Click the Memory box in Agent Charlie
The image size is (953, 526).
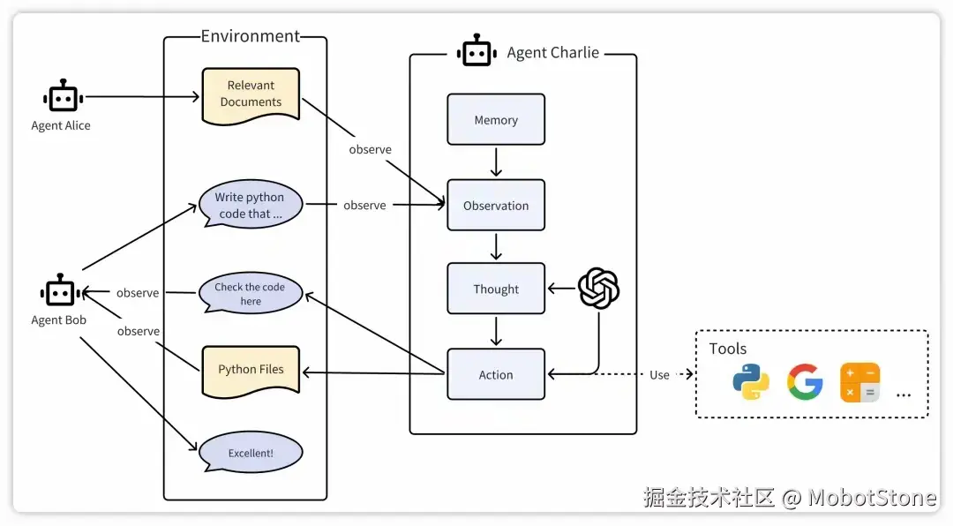point(496,120)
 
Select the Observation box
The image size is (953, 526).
point(496,206)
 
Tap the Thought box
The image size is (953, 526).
point(496,289)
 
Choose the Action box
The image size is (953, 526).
point(496,375)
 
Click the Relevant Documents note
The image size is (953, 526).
point(251,94)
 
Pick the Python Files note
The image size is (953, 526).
point(251,369)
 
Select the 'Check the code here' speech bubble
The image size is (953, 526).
point(250,294)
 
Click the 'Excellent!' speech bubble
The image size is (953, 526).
point(251,453)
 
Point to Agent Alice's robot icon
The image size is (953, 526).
point(61,97)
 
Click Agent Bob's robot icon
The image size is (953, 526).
point(59,291)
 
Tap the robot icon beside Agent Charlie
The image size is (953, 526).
point(476,52)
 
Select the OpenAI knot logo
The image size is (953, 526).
point(598,289)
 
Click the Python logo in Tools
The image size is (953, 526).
point(751,382)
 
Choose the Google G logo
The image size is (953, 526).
point(805,382)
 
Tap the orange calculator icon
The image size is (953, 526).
point(859,382)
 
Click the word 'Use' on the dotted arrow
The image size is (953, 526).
point(659,375)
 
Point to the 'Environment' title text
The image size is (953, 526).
point(251,36)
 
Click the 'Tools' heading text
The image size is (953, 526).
point(728,349)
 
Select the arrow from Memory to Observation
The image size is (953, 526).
point(496,162)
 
